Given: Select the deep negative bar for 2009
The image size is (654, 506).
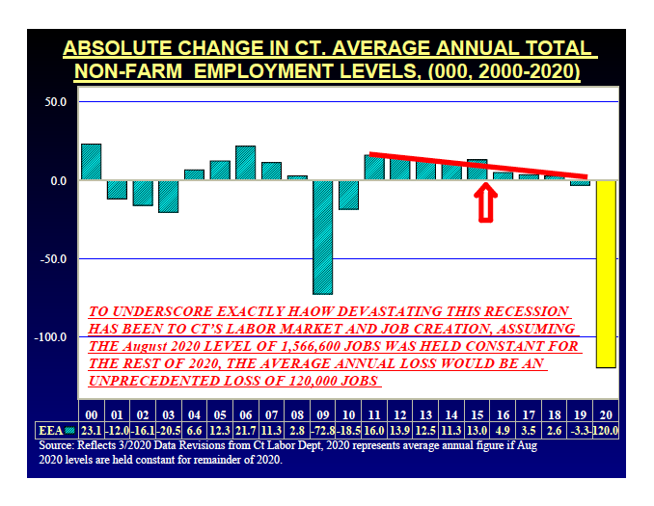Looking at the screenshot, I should (x=322, y=237).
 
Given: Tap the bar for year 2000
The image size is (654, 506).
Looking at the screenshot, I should (x=91, y=162).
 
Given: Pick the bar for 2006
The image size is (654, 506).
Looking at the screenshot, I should (x=245, y=163).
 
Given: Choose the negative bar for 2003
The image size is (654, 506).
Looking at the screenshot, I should (x=168, y=197).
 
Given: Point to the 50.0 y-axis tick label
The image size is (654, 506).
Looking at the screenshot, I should (x=54, y=101).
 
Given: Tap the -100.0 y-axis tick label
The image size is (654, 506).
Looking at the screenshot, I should (x=50, y=337).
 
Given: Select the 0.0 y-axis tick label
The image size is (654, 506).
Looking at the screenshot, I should (x=57, y=180).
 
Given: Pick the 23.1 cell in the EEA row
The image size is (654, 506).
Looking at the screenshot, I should (x=91, y=429).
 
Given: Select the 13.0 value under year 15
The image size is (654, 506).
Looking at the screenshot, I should (x=477, y=429).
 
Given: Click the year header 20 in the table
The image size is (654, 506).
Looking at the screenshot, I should (x=605, y=412).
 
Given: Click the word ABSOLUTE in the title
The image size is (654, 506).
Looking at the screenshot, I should (x=115, y=48).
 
